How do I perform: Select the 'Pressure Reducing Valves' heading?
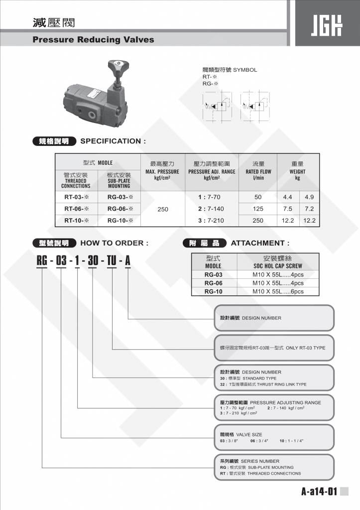93,40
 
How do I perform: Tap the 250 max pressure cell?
163,209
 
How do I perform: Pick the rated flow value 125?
258,209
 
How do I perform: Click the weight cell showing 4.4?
288,197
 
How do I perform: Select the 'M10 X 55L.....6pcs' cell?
277,292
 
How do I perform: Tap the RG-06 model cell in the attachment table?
213,283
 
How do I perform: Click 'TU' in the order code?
112,260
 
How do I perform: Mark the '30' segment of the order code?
93,260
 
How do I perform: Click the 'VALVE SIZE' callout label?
249,434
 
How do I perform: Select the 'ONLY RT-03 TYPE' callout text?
305,348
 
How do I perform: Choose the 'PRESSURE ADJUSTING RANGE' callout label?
285,402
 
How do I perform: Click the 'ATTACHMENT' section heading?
259,243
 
